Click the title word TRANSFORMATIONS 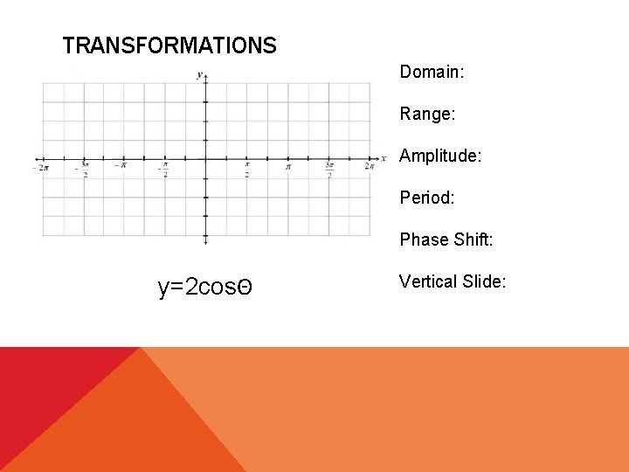[169, 45]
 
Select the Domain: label [432, 72]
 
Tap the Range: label [428, 114]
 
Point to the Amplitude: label [440, 156]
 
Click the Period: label [427, 198]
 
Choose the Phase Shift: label [446, 239]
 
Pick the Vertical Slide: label [453, 281]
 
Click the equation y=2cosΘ [205, 287]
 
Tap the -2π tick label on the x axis [40, 167]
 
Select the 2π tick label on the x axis [370, 166]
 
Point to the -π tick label [121, 165]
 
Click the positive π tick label [288, 166]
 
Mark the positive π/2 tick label [247, 169]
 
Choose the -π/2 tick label [163, 169]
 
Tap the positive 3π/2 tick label [329, 169]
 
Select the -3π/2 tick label [83, 169]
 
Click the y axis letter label [200, 74]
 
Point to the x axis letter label [384, 159]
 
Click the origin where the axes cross [205, 159]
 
